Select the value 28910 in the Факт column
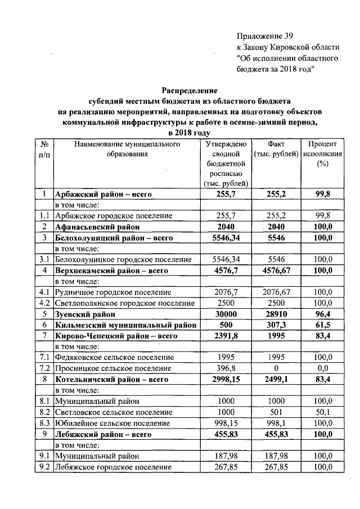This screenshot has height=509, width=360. tap(276, 314)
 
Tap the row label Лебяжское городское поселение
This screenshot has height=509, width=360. tap(113, 467)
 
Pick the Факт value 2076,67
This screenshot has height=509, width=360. tap(276, 292)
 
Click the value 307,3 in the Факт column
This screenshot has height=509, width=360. tap(276, 325)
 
